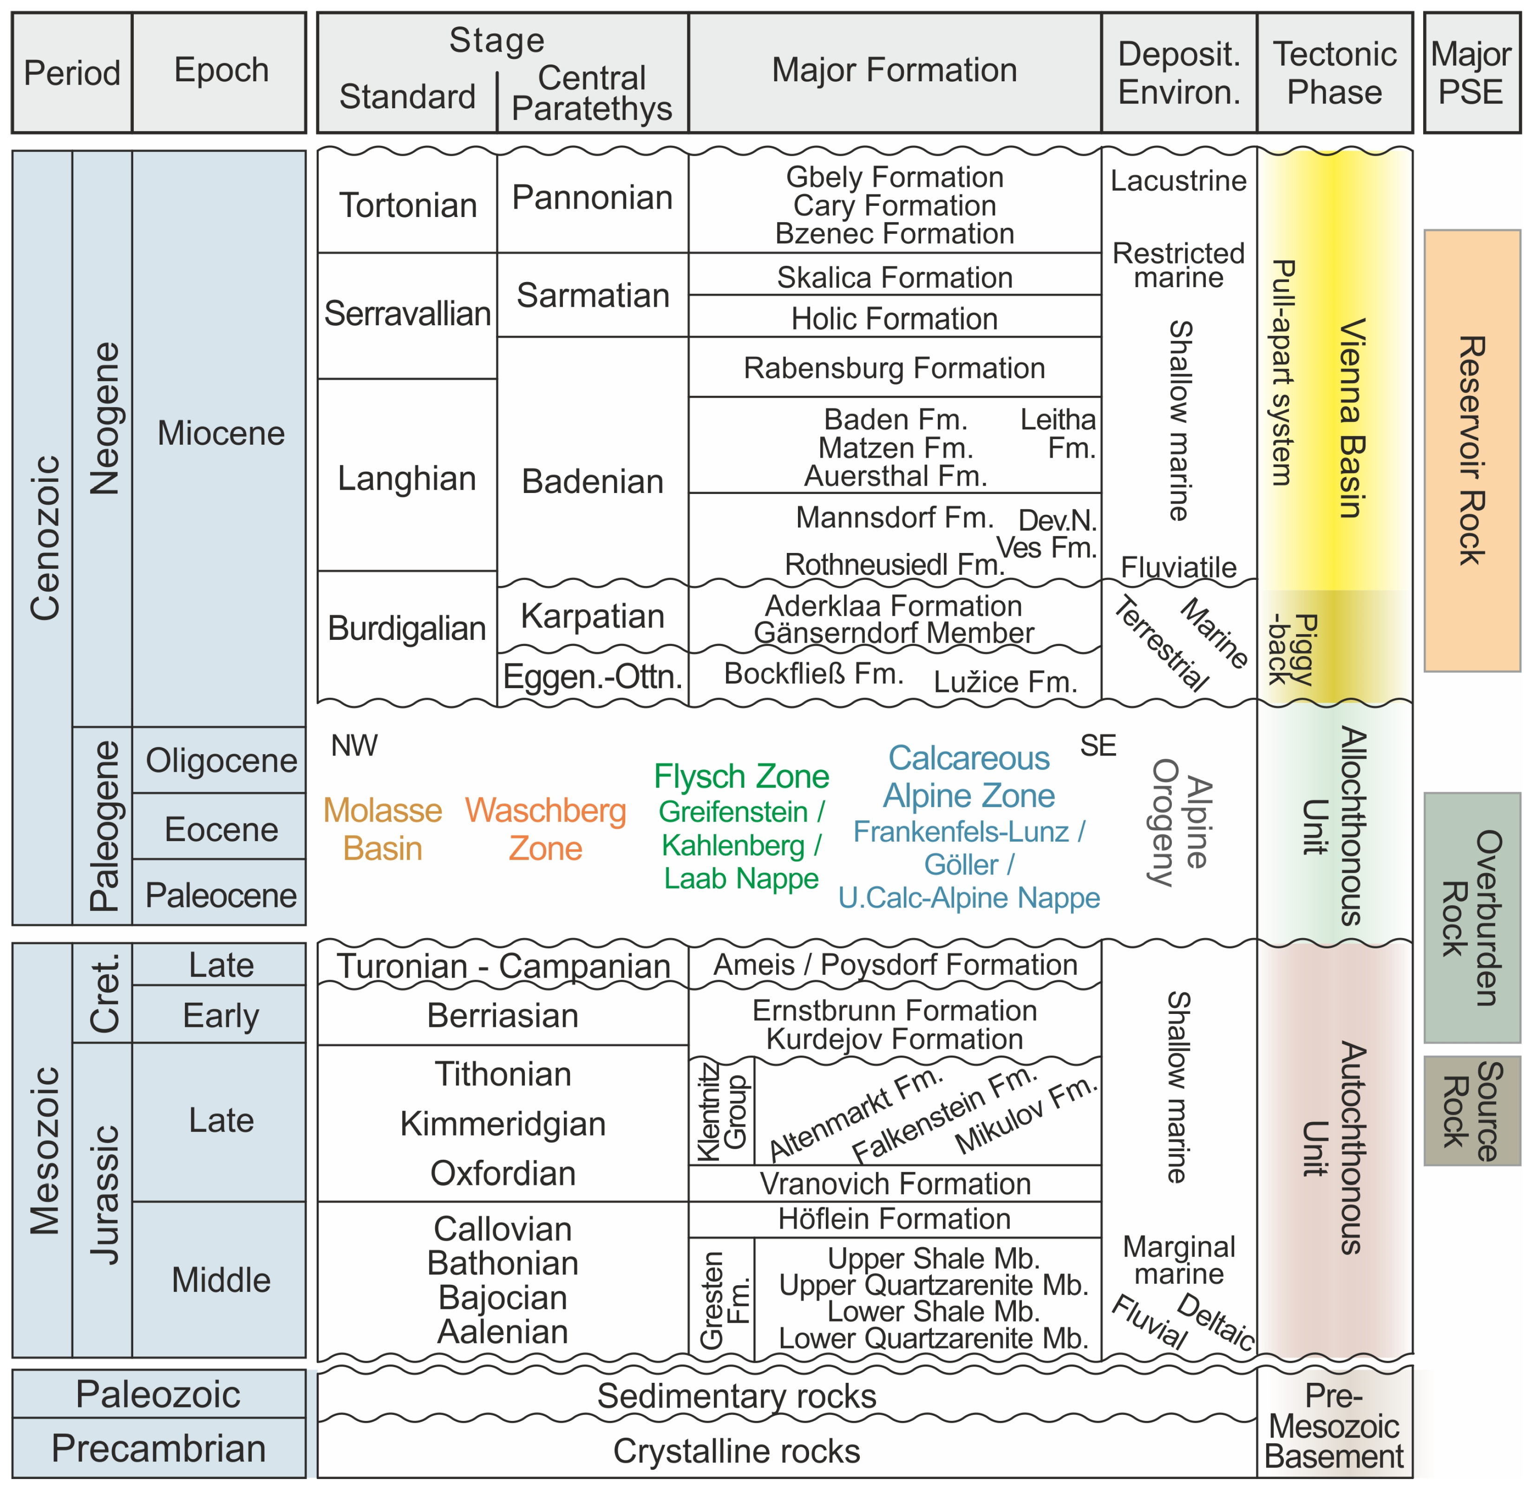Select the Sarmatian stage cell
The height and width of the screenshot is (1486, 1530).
[x=593, y=295]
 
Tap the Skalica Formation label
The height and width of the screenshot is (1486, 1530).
[x=895, y=277]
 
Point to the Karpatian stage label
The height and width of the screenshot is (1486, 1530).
[x=593, y=616]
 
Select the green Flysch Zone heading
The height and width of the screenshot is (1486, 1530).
[x=742, y=776]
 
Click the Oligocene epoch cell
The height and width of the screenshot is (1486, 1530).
[x=221, y=760]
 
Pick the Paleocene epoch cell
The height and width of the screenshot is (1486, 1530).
[x=221, y=895]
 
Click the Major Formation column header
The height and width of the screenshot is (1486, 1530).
[x=895, y=70]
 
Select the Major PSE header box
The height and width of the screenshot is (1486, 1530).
[x=1471, y=72]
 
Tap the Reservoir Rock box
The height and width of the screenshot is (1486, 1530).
[x=1471, y=451]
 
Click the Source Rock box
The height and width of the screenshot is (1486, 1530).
[x=1471, y=1111]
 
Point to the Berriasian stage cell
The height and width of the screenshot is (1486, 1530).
[x=503, y=1016]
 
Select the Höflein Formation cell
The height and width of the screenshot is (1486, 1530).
[x=895, y=1219]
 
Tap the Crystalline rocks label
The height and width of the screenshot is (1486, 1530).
[x=736, y=1451]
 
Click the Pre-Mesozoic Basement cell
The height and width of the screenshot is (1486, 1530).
[x=1334, y=1426]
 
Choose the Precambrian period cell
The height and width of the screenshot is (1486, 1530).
[x=158, y=1448]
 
